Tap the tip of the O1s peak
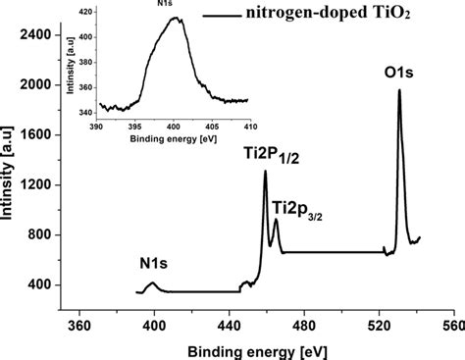pos(399,90)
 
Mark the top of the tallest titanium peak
pos(265,172)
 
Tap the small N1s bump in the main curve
pos(152,283)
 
